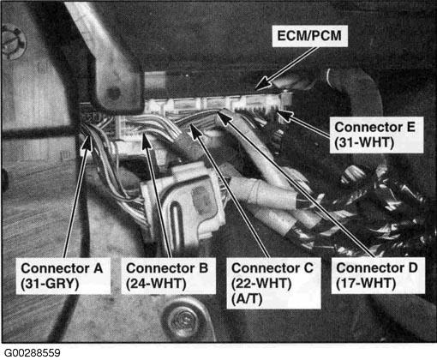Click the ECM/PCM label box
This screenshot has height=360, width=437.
pyautogui.click(x=310, y=36)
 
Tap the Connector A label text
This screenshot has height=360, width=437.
pyautogui.click(x=62, y=268)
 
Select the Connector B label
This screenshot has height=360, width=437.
pyautogui.click(x=167, y=268)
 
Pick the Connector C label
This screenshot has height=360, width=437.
pyautogui.click(x=272, y=268)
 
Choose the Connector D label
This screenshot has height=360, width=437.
pyautogui.click(x=377, y=268)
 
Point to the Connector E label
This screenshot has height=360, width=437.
pyautogui.click(x=374, y=127)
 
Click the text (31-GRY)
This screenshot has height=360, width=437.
pyautogui.click(x=50, y=284)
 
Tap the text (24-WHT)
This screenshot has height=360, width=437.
pyautogui.click(x=156, y=284)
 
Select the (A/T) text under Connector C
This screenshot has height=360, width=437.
pyautogui.click(x=247, y=299)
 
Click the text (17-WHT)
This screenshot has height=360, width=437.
pyautogui.click(x=366, y=284)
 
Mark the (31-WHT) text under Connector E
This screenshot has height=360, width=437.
pyautogui.click(x=364, y=142)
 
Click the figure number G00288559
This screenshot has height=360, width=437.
pyautogui.click(x=33, y=353)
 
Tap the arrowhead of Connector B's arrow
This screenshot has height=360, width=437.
pyautogui.click(x=147, y=141)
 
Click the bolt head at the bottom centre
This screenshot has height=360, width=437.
pyautogui.click(x=182, y=320)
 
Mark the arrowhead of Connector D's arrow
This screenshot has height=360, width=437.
pyautogui.click(x=224, y=117)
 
